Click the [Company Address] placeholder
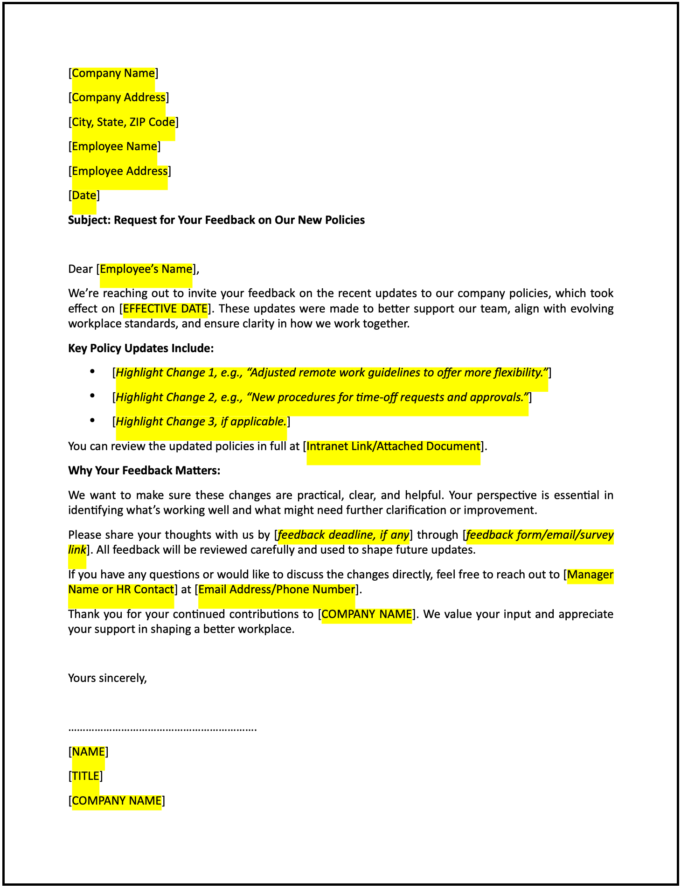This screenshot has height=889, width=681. click(118, 97)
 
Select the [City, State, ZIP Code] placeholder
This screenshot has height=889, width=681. click(124, 122)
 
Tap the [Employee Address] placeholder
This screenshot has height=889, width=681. click(119, 171)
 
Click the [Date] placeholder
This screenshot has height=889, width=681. click(84, 195)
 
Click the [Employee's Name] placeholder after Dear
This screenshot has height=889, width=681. click(146, 269)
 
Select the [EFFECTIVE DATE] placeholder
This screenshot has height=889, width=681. click(165, 309)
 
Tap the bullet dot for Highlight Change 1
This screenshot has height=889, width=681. click(92, 372)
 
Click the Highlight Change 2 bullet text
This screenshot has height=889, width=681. click(322, 397)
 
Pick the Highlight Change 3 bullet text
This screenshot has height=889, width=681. click(201, 422)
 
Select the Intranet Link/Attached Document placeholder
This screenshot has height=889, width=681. click(393, 446)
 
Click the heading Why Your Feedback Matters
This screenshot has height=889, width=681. click(144, 471)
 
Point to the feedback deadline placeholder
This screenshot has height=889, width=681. click(343, 535)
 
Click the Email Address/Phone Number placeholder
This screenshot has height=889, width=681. click(277, 590)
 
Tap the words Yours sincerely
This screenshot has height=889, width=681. click(107, 678)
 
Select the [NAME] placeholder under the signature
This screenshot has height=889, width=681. click(88, 752)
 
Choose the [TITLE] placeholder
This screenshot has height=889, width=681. click(85, 776)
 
